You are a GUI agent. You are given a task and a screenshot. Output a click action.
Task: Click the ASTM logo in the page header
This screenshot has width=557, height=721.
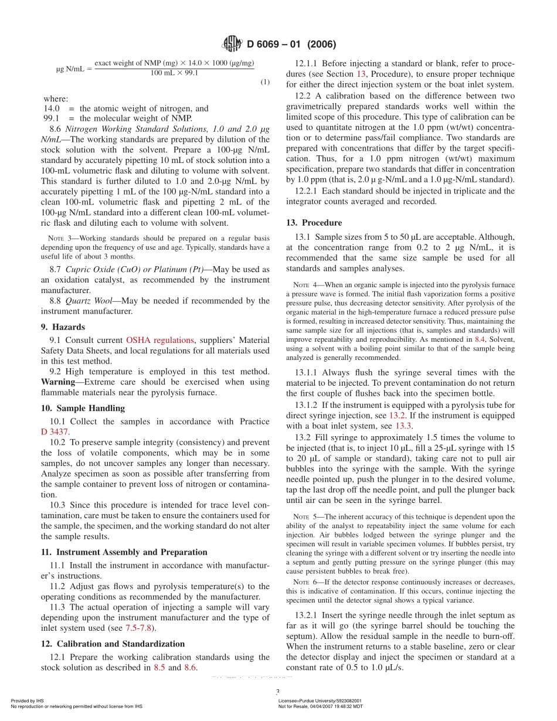(233, 43)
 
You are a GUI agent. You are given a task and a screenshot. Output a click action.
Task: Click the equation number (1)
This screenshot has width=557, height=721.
(265, 82)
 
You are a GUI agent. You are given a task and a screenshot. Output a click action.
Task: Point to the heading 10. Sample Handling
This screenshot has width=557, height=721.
(82, 408)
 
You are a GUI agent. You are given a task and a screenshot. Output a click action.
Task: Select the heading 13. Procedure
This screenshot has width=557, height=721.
(314, 223)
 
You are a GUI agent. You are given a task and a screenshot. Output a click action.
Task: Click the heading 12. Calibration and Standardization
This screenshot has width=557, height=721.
(113, 644)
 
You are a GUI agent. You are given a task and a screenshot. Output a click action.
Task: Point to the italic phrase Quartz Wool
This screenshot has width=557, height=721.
(87, 301)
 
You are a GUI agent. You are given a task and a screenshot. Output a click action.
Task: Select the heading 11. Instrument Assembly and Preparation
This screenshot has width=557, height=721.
(124, 552)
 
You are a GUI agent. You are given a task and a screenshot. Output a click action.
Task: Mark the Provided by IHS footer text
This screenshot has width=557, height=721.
(28, 700)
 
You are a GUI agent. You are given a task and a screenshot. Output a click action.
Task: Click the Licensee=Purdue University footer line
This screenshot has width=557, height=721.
(320, 700)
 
